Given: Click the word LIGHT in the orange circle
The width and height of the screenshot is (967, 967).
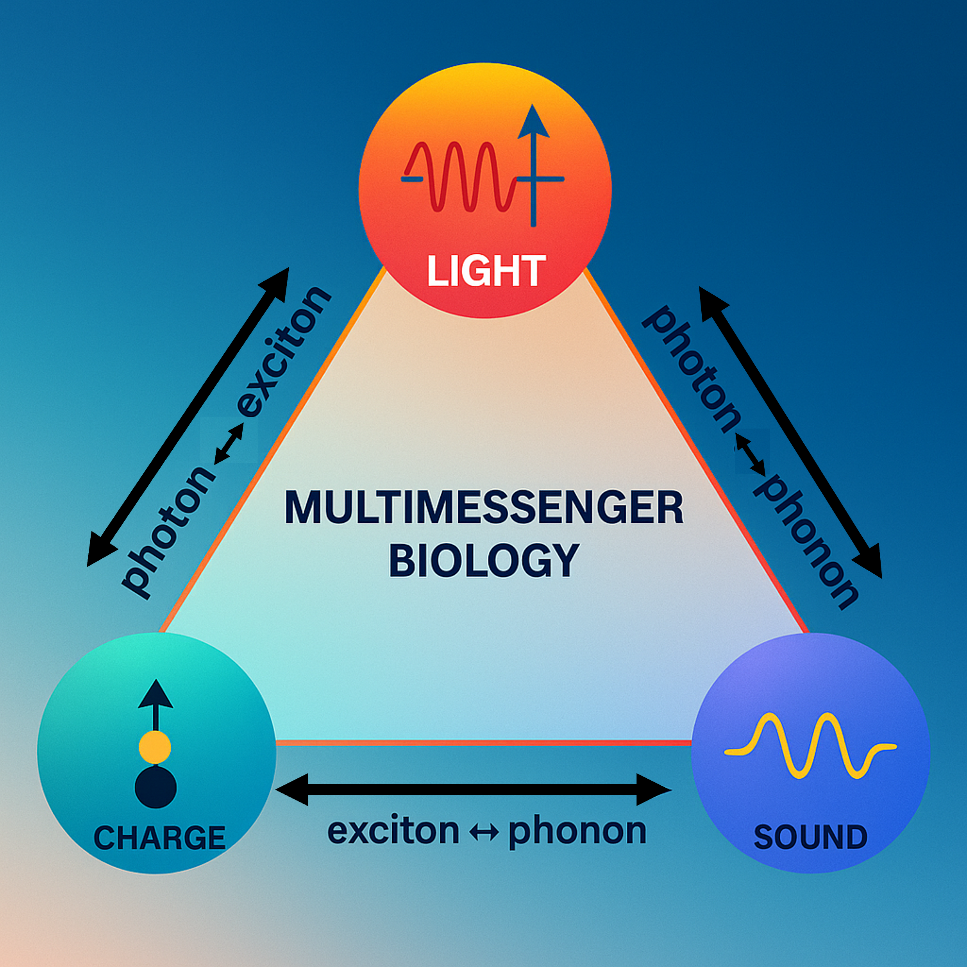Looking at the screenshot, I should click(x=484, y=271).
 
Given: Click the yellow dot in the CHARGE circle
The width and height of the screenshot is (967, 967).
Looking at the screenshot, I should click(x=155, y=747).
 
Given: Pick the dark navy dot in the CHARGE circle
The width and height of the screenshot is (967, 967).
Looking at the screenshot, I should click(x=156, y=787).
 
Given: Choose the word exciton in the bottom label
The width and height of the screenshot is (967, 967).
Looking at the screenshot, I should click(x=393, y=831).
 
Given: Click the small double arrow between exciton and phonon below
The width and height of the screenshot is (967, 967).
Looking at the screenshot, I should click(x=484, y=832).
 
